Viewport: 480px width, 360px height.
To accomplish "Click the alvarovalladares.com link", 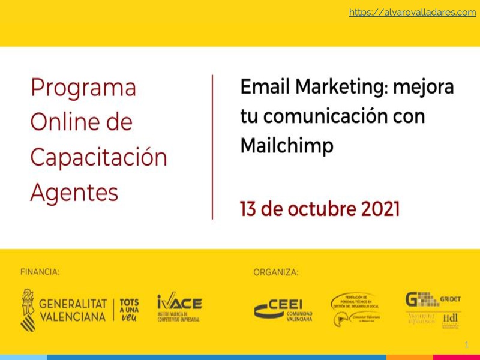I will pos(412,12).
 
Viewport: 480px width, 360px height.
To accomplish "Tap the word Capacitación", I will pos(98,158).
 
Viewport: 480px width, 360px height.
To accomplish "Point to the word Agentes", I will pos(74,193).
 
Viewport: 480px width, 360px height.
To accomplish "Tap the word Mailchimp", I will pos(287,145).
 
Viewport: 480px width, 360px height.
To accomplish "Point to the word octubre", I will pos(322,209).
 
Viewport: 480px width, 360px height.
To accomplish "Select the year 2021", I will pos(380,209).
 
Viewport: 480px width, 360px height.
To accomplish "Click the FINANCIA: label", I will pos(40,272).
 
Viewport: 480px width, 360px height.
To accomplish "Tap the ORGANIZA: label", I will pos(275,272).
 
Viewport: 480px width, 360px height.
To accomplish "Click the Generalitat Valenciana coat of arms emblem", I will pos(28,309).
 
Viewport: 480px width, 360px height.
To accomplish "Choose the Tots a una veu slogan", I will pos(130,310).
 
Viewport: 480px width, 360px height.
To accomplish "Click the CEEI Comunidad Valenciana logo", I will pos(283,310).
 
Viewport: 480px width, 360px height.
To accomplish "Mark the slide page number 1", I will pos(467,345).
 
